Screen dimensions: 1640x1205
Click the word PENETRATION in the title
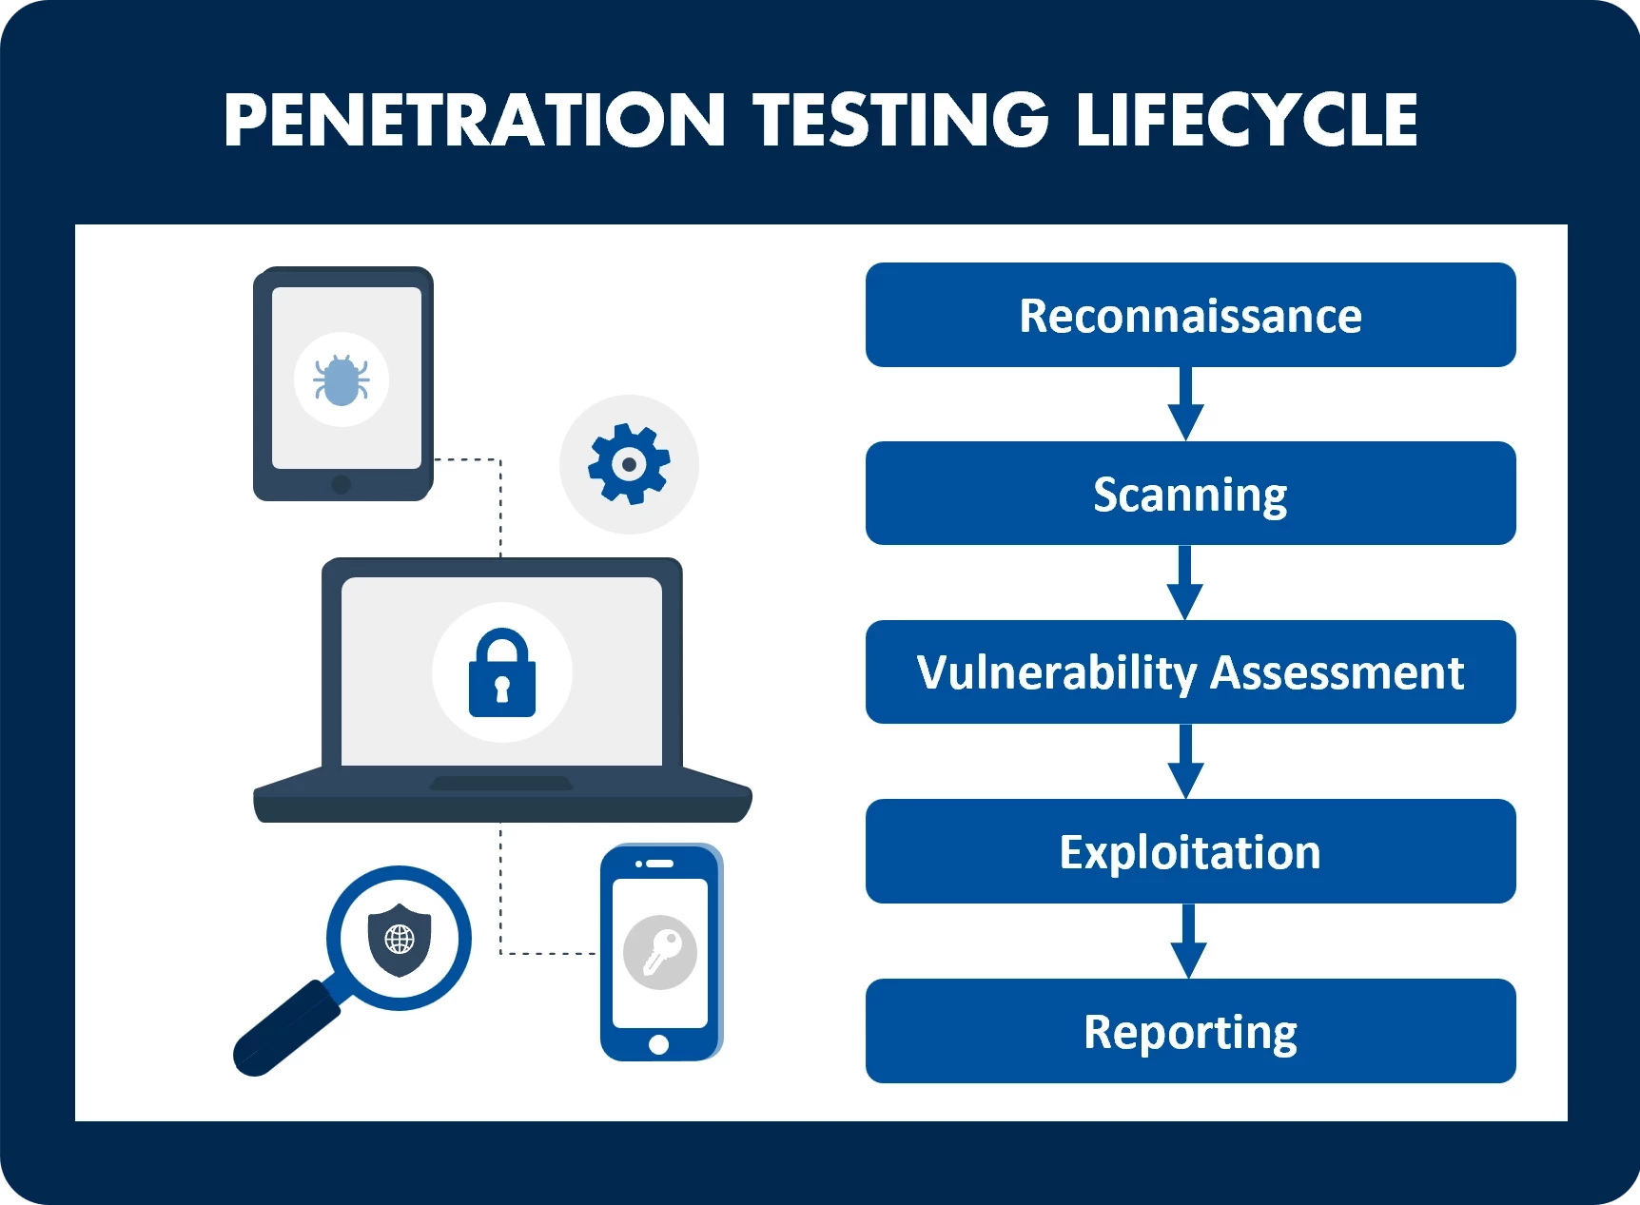pyautogui.click(x=476, y=120)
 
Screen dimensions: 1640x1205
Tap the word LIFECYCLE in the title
pyautogui.click(x=1247, y=120)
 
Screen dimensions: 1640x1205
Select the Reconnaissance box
pyautogui.click(x=1190, y=315)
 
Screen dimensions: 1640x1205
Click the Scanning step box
pyautogui.click(x=1190, y=493)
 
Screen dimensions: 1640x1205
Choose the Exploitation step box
pyautogui.click(x=1190, y=851)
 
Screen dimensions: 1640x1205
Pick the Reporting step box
pyautogui.click(x=1190, y=1031)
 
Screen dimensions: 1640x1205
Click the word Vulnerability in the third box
pyautogui.click(x=1057, y=674)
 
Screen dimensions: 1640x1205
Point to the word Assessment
pyautogui.click(x=1337, y=672)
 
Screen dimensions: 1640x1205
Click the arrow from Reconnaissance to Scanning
pyautogui.click(x=1185, y=404)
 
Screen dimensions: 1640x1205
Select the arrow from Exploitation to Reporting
pyautogui.click(x=1188, y=941)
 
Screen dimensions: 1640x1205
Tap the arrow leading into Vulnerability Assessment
pyautogui.click(x=1185, y=582)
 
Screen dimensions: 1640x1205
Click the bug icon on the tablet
pyautogui.click(x=342, y=379)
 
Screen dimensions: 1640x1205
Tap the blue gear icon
pyautogui.click(x=629, y=464)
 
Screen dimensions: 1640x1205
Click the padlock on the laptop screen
pyautogui.click(x=502, y=672)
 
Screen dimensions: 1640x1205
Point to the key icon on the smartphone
pyautogui.click(x=660, y=952)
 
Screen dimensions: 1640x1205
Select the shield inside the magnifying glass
pyautogui.click(x=400, y=940)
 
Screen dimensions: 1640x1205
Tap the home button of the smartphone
pyautogui.click(x=658, y=1045)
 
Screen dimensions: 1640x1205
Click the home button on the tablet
pyautogui.click(x=342, y=484)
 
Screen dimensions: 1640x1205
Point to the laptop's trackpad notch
pyautogui.click(x=501, y=784)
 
